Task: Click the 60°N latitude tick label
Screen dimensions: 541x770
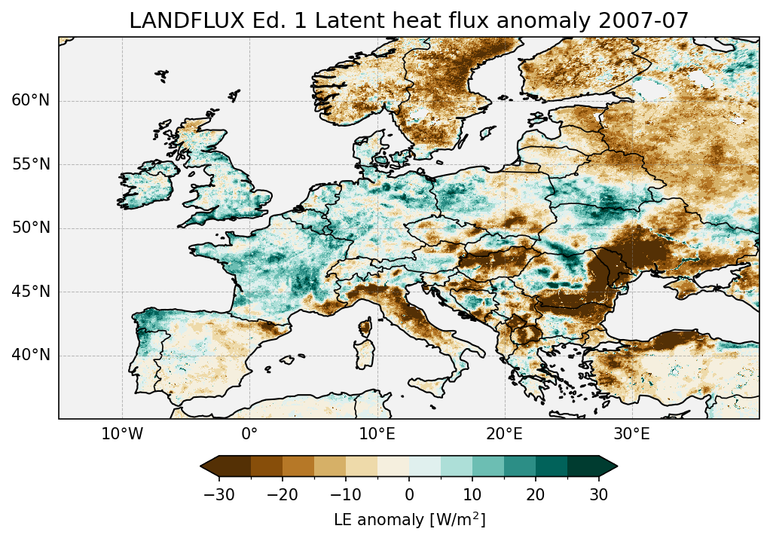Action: [31, 101]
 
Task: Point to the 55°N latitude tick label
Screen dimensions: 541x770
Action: [31, 164]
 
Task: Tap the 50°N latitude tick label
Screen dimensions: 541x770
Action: [31, 228]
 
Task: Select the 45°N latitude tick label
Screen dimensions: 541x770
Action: [31, 292]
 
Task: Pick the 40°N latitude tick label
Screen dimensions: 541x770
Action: [31, 355]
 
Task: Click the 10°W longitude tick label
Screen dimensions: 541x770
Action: [122, 435]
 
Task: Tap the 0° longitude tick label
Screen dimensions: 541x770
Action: [249, 435]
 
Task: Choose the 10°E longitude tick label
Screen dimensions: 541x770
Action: [377, 435]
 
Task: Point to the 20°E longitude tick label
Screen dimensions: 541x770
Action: [504, 435]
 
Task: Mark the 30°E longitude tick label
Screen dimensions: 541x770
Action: [631, 435]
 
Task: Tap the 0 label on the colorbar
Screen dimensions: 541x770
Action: [409, 494]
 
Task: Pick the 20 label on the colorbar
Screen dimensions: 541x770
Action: [536, 494]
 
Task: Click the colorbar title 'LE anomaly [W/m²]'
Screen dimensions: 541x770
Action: [409, 520]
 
